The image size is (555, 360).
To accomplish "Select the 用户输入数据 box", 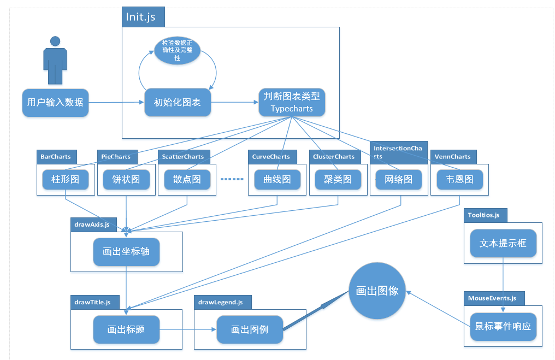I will (x=55, y=102).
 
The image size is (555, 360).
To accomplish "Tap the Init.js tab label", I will (x=141, y=17).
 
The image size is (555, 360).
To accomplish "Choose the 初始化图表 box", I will (x=177, y=102).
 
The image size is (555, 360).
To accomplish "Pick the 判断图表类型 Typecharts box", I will (x=292, y=102).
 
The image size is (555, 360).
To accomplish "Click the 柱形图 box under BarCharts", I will (x=65, y=179).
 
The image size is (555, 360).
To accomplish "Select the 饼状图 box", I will (x=126, y=179).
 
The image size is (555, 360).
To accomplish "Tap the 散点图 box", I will (x=187, y=179).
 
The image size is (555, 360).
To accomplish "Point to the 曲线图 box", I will (x=277, y=179).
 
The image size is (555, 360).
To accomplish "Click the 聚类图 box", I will (x=338, y=179).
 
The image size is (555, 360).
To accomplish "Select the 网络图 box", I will (x=399, y=179).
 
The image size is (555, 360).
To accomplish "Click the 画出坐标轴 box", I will (x=126, y=252).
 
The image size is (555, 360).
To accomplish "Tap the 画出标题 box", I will (x=126, y=329).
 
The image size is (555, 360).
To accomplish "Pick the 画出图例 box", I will (x=250, y=329).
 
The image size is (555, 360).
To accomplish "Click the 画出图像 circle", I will (x=377, y=291).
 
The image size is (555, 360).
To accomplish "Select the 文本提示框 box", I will (x=503, y=243).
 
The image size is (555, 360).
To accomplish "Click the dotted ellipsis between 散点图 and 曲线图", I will (x=232, y=179).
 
